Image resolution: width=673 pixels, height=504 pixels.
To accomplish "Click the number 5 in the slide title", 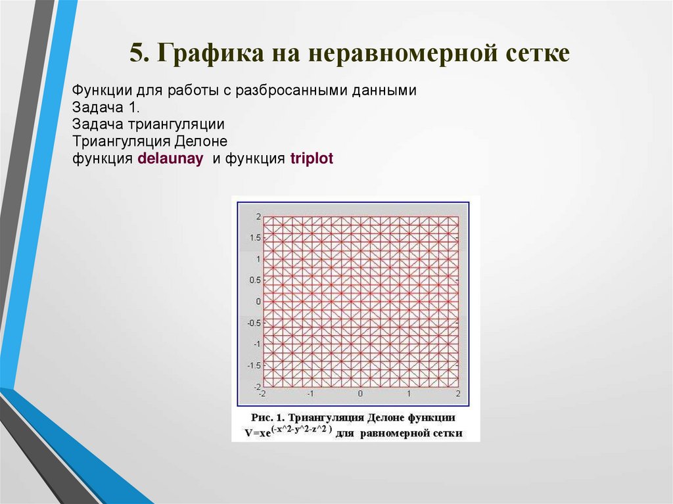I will tap(135, 53).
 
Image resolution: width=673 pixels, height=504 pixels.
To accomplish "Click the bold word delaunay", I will tap(170, 159).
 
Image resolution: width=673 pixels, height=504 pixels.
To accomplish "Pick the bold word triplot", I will tap(312, 159).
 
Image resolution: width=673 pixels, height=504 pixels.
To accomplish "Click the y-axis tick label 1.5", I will tap(254, 238).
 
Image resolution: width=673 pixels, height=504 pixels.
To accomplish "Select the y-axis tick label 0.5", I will tap(254, 280).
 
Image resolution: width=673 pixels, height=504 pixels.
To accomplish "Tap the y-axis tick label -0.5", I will tap(253, 323).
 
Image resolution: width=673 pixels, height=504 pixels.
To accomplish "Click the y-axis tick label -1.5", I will tap(253, 365).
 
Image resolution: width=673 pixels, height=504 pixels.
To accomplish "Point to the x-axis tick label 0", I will tap(360, 393).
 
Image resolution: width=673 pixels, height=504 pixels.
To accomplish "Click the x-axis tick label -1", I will tap(310, 393).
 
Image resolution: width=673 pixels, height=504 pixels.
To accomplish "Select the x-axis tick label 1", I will tap(409, 393).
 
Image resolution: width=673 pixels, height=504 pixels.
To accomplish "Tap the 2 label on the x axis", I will tap(458, 393).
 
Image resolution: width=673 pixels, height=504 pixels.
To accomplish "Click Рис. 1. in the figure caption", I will tap(269, 417).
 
